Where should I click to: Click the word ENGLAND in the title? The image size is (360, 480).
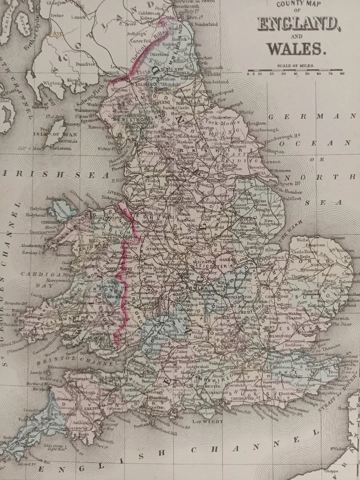(296, 23)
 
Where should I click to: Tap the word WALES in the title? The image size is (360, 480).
(296, 48)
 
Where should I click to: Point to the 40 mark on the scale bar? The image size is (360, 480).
(295, 74)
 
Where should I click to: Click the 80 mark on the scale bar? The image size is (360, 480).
(342, 74)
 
